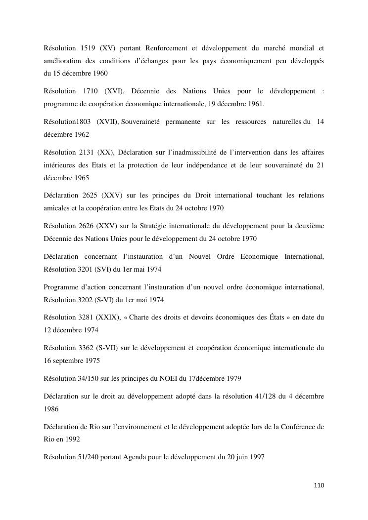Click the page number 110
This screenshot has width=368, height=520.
coord(319,485)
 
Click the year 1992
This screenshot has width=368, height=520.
coord(72,439)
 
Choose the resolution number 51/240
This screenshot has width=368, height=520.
coord(86,457)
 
